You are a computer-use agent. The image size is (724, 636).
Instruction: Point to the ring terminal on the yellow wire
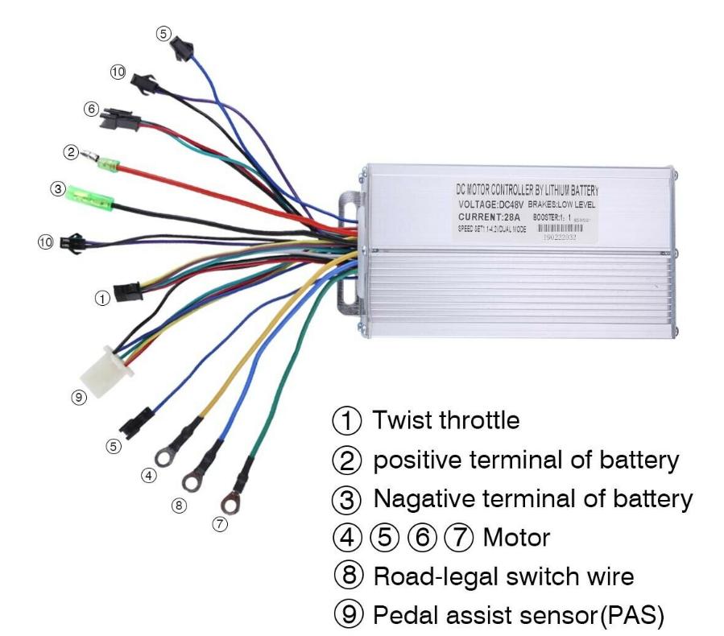pyautogui.click(x=163, y=458)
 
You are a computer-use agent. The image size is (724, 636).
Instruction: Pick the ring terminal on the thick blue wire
pyautogui.click(x=193, y=481)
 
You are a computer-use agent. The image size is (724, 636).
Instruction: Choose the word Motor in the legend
pyautogui.click(x=516, y=537)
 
